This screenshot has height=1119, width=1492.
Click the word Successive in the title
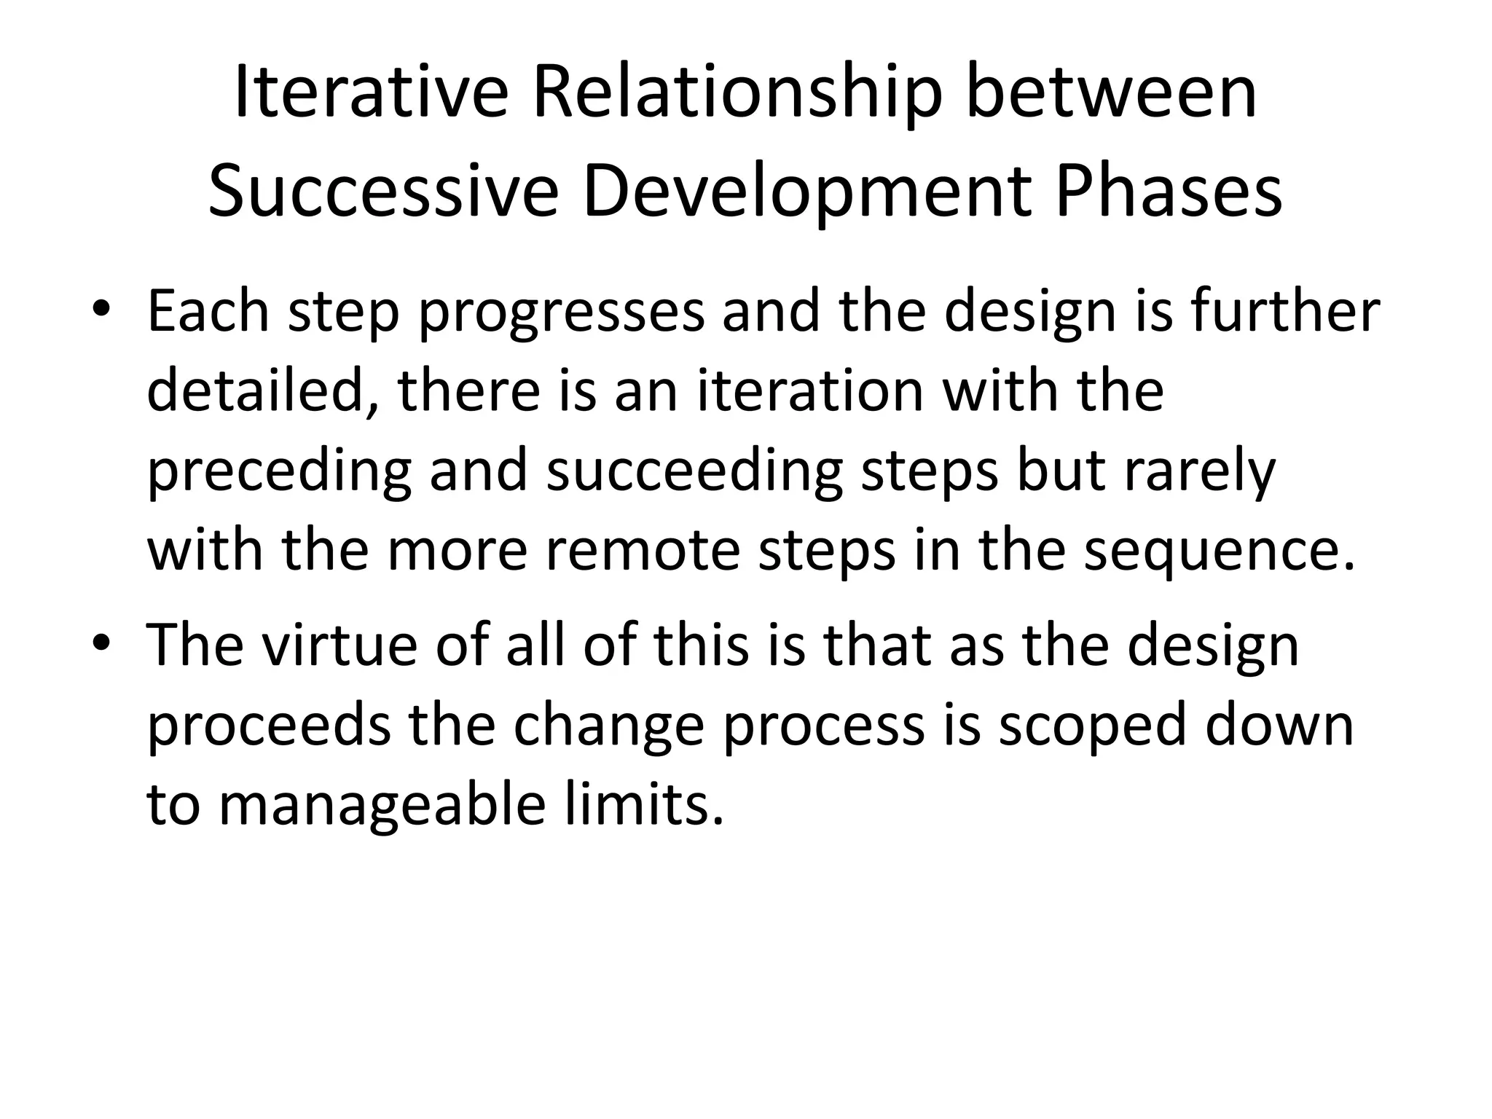pos(383,192)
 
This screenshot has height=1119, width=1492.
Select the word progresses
pos(562,312)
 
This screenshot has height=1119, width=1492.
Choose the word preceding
pos(280,472)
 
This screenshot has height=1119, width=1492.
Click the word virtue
pos(339,645)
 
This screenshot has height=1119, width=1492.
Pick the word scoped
pos(1092,726)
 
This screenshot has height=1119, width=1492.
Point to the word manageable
pos(382,806)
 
